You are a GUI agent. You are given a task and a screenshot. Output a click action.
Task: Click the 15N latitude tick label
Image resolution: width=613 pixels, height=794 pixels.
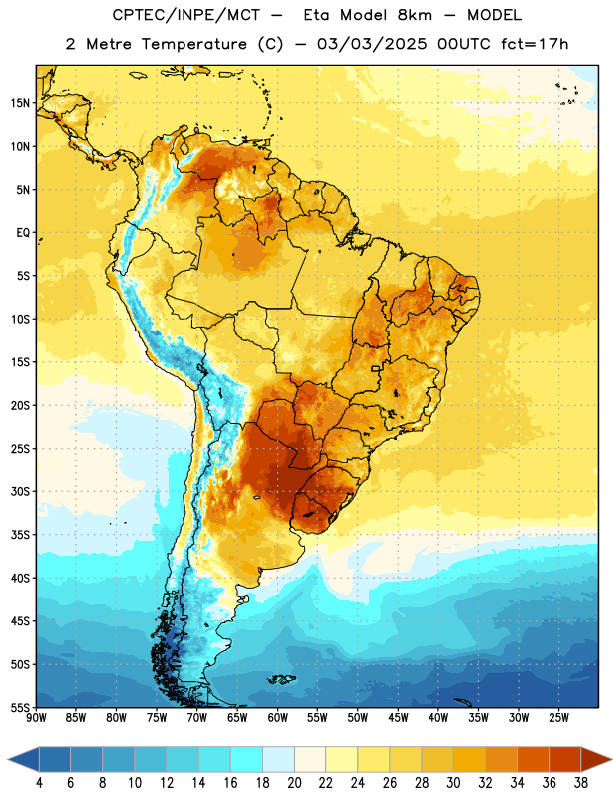20,103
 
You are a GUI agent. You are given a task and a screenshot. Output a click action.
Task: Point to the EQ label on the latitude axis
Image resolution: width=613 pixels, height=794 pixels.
23,233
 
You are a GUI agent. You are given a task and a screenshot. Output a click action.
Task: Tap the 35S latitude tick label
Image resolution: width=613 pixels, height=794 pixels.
20,535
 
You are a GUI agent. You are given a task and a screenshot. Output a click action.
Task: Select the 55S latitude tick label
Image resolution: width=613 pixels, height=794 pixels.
20,707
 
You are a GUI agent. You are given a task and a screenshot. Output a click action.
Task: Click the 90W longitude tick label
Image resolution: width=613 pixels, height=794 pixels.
36,718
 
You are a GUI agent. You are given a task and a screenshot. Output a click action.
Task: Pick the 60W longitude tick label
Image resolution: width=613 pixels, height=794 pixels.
278,718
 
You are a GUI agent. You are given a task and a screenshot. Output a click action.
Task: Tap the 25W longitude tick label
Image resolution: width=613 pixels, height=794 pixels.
558,718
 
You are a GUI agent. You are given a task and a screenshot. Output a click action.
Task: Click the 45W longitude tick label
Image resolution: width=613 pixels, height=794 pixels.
398,718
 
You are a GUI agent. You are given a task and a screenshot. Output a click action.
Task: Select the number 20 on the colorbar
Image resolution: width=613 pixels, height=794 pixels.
294,783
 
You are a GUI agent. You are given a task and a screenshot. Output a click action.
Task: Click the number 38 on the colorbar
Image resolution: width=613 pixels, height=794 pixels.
581,783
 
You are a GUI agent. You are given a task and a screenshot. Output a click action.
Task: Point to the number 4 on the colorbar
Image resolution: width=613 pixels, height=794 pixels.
39,783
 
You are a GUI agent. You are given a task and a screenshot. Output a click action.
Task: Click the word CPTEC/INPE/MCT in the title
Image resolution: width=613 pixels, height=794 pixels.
186,15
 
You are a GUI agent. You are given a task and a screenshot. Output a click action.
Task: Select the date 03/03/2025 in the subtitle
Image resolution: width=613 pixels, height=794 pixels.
372,44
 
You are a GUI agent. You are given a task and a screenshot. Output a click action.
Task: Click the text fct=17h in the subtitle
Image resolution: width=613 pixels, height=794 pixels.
535,44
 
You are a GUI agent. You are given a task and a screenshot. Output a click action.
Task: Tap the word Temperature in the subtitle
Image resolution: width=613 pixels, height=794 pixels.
193,44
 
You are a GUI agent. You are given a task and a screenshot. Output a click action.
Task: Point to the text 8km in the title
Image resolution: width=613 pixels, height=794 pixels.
415,15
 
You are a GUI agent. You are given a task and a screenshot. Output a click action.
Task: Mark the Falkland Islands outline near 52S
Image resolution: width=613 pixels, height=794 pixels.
281,679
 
